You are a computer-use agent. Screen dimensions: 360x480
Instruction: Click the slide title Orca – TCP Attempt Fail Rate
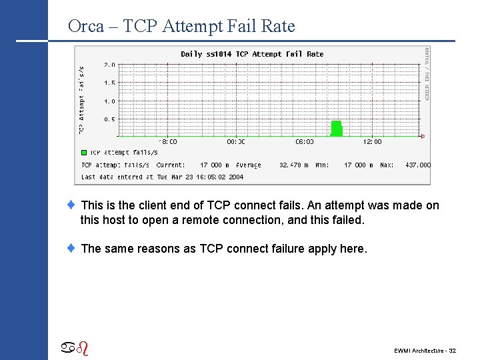[x=181, y=26]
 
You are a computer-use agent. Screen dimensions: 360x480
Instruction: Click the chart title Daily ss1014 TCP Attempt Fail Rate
[x=252, y=54]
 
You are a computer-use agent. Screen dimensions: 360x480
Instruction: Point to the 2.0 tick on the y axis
[x=109, y=65]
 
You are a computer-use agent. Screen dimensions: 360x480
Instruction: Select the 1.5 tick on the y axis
[x=109, y=83]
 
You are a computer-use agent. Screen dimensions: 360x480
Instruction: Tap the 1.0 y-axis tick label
[x=109, y=101]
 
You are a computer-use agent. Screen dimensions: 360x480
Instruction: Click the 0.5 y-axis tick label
[x=109, y=119]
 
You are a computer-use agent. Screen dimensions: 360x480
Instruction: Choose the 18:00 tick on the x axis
[x=168, y=141]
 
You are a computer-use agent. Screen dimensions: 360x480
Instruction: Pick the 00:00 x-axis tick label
[x=236, y=141]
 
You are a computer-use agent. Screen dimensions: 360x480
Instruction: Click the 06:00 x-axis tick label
[x=304, y=141]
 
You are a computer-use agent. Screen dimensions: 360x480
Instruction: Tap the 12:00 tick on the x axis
[x=372, y=141]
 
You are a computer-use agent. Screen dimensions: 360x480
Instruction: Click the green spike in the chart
[x=337, y=129]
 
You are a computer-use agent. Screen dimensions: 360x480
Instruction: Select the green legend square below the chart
[x=84, y=153]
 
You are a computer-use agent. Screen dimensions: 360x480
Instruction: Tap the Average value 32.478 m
[x=293, y=165]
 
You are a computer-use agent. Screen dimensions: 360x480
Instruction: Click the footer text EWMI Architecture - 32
[x=425, y=350]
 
